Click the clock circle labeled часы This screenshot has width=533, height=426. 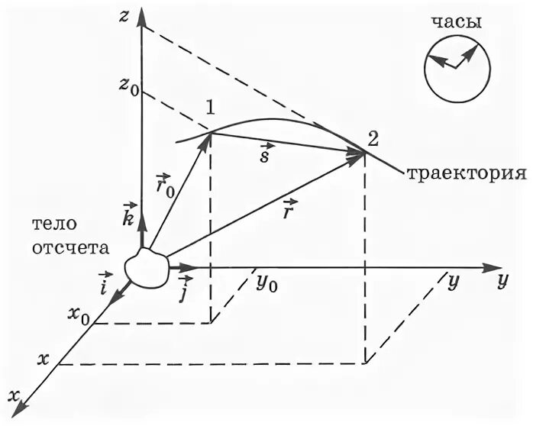(455, 66)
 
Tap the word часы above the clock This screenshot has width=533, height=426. (457, 22)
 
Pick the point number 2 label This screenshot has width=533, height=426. (372, 139)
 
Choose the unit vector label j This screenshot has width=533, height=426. (183, 291)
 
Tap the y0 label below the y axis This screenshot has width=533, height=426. (266, 285)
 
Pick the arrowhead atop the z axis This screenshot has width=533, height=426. (142, 18)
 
